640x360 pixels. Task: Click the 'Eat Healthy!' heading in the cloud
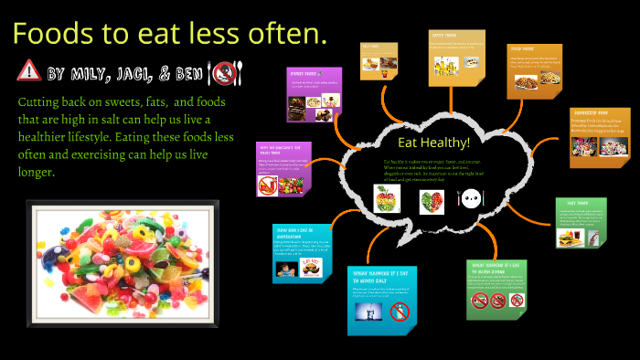tap(433, 143)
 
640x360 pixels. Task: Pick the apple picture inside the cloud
tap(385, 197)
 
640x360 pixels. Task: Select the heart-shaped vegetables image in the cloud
tap(432, 200)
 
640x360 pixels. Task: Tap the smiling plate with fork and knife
tap(469, 197)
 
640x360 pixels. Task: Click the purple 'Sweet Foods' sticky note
tap(315, 94)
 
